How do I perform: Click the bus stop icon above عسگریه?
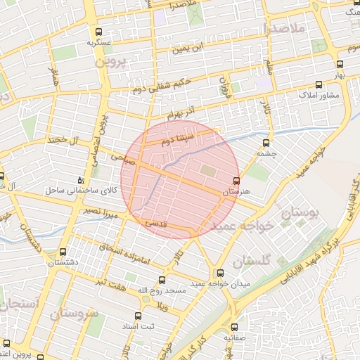click(98, 32)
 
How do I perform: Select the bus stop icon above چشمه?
click(266, 143)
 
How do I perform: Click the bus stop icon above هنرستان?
click(236, 181)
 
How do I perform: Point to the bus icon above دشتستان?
click(64, 252)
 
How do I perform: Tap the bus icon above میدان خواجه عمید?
click(221, 273)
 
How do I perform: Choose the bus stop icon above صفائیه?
click(235, 328)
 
